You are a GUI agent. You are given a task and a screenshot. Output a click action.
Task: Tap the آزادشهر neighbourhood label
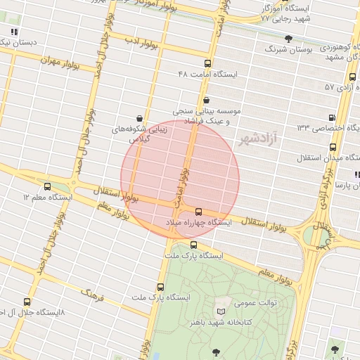coord(258,138)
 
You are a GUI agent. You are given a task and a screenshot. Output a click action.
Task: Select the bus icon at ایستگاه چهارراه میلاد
coord(198,212)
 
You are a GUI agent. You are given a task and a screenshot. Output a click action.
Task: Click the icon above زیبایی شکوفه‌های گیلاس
coord(139,118)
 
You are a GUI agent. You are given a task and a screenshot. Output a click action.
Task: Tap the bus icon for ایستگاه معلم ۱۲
coord(47,187)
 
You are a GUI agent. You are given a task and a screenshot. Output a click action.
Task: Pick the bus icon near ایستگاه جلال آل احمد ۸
coord(27,301)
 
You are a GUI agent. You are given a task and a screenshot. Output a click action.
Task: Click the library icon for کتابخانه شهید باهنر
coord(222,310)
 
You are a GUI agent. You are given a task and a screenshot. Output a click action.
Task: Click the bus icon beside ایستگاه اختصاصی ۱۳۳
coord(330,117)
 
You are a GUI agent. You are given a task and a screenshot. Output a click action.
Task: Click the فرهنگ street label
coord(92,294)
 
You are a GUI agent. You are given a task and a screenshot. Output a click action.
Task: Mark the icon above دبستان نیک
coord(15,32)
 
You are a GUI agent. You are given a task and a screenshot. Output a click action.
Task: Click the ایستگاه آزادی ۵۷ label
coord(341,87)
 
